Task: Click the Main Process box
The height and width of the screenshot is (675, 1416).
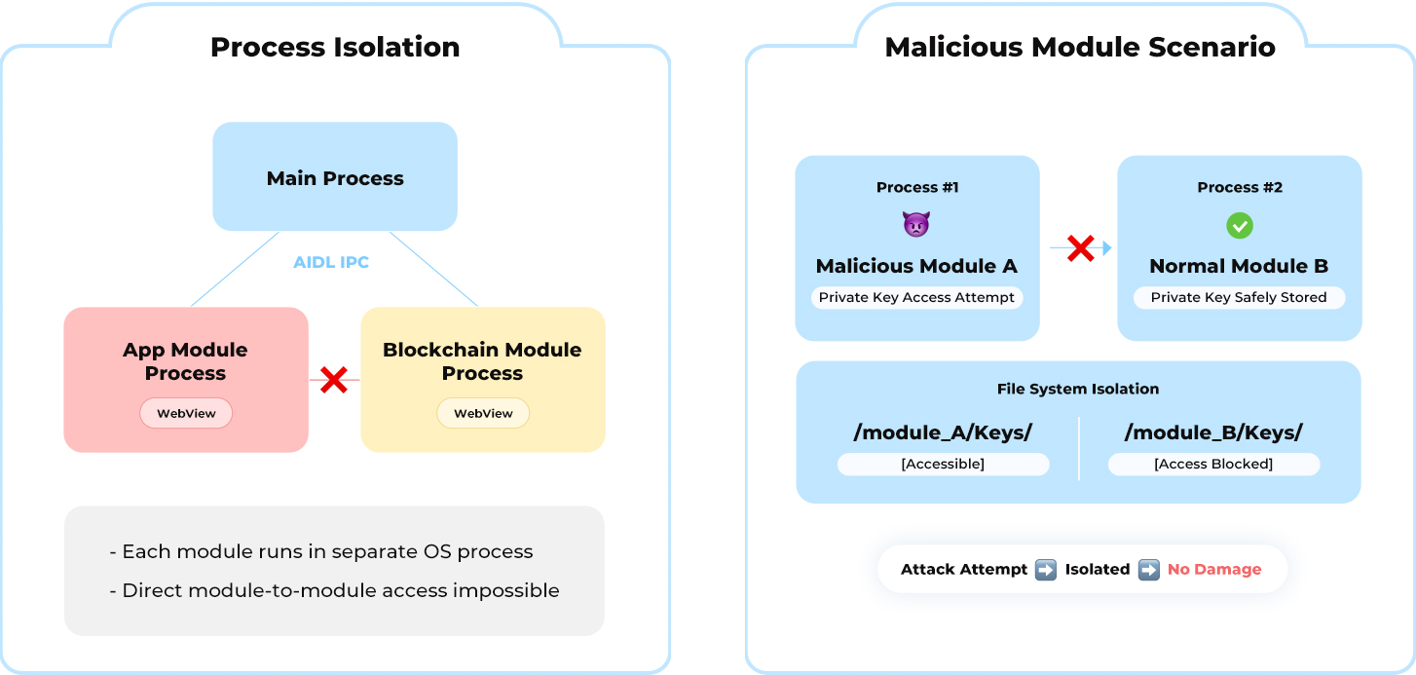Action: click(x=335, y=177)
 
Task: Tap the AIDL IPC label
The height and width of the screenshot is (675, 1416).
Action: click(x=331, y=263)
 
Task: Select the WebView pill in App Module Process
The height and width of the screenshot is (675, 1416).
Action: click(x=186, y=413)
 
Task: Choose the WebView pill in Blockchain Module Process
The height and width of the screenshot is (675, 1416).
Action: click(x=483, y=413)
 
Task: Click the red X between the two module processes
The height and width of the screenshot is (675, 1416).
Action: click(x=334, y=380)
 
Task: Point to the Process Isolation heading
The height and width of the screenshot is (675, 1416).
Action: click(x=335, y=47)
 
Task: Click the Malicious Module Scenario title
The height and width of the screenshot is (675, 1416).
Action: click(x=1080, y=47)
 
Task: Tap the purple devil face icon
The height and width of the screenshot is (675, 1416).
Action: click(x=916, y=226)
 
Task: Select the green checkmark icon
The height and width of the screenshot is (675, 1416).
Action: click(x=1239, y=226)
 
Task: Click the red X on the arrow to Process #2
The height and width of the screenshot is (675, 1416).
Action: click(x=1080, y=248)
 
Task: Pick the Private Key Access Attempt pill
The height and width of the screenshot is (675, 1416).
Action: click(x=916, y=297)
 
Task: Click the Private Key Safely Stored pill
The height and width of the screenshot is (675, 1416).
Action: click(x=1239, y=297)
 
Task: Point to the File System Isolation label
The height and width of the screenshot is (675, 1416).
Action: click(x=1078, y=389)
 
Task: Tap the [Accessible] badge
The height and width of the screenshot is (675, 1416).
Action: click(x=943, y=464)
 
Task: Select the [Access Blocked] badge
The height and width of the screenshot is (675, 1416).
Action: click(x=1213, y=464)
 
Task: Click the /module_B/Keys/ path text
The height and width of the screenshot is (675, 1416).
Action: click(x=1213, y=432)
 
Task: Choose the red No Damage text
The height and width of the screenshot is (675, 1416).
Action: click(x=1214, y=569)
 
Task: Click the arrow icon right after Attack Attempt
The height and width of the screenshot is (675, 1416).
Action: click(x=1045, y=569)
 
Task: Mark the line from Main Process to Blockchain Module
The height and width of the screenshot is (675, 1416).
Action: click(x=433, y=269)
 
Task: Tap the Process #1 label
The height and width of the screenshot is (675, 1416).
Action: click(x=917, y=187)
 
